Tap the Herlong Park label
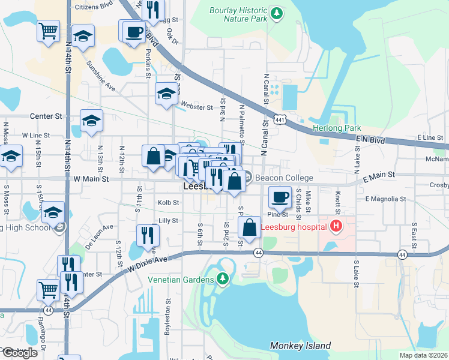click(x=336, y=128)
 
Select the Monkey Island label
click(x=300, y=346)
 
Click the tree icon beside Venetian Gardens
click(x=223, y=279)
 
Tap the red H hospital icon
click(x=336, y=226)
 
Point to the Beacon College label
click(x=284, y=178)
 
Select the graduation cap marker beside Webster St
click(x=166, y=94)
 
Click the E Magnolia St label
click(x=385, y=199)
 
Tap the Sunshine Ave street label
click(x=100, y=75)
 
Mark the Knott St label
click(x=338, y=203)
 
